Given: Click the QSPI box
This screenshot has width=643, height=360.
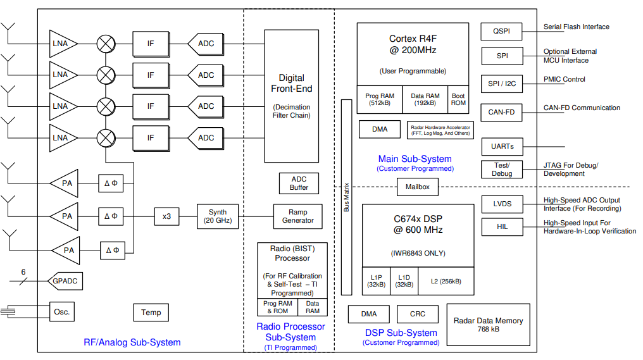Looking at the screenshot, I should [502, 30].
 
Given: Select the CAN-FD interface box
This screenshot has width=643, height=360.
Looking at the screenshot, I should [502, 113].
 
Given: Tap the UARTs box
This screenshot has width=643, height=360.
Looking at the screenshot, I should [502, 147].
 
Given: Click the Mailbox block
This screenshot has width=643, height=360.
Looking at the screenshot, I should [417, 187].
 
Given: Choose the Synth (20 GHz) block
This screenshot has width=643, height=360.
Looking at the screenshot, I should [218, 216].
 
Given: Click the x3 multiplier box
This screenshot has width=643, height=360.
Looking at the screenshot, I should [166, 216].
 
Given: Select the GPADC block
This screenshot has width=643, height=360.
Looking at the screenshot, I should [66, 281].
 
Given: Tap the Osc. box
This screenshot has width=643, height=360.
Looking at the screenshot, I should [62, 312].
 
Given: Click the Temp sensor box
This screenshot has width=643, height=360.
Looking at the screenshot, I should [151, 312].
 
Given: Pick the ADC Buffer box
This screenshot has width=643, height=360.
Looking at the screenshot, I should [299, 183].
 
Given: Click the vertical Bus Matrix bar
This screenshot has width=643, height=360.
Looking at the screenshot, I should [346, 197].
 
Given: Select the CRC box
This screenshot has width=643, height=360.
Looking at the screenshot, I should [418, 314].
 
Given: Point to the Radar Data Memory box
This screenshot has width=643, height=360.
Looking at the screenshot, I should [488, 325].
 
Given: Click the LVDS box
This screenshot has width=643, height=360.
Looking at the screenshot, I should [502, 204].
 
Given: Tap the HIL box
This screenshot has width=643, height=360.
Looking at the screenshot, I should [502, 227].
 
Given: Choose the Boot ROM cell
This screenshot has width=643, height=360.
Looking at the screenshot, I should [458, 100].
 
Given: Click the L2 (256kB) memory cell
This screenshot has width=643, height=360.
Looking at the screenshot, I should [446, 281].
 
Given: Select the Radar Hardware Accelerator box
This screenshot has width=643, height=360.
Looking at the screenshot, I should [440, 129].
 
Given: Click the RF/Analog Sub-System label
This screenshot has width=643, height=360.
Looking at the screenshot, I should [132, 342].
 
